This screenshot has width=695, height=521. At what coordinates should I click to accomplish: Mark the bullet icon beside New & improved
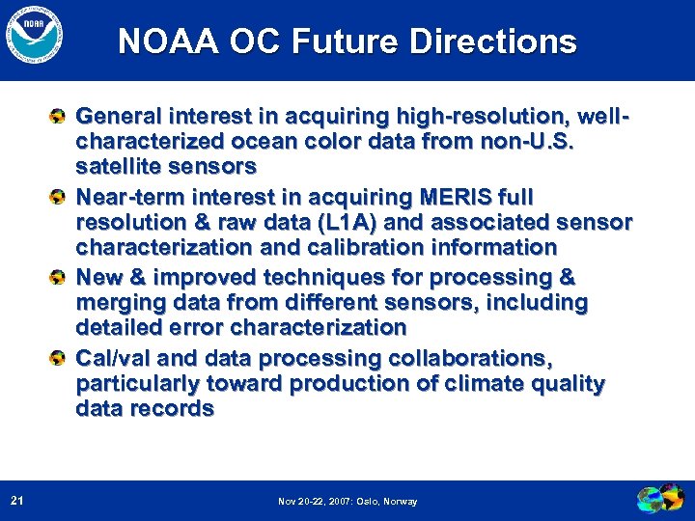click(59, 278)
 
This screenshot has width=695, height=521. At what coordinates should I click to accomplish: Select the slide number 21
click(16, 500)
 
